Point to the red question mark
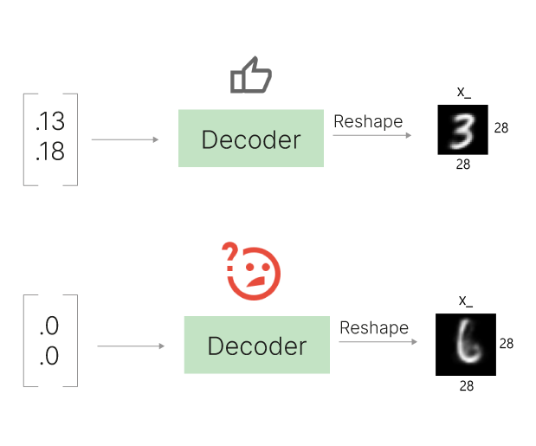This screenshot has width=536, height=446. [230, 254]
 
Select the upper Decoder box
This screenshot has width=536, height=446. [251, 139]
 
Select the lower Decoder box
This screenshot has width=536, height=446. [256, 346]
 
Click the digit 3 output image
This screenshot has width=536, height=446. [463, 130]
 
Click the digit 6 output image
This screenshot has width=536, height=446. [464, 344]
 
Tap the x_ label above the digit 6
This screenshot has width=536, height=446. [466, 301]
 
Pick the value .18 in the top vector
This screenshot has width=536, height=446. [50, 152]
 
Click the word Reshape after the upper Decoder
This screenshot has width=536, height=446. [368, 122]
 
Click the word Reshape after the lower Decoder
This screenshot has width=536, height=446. [373, 328]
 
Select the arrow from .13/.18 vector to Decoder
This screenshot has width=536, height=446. [125, 139]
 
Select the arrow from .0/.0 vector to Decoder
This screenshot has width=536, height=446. [131, 347]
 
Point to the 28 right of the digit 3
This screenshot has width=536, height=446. [501, 128]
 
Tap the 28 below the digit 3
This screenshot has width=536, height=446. [462, 164]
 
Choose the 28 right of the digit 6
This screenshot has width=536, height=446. [507, 344]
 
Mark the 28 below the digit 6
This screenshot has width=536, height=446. [466, 385]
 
